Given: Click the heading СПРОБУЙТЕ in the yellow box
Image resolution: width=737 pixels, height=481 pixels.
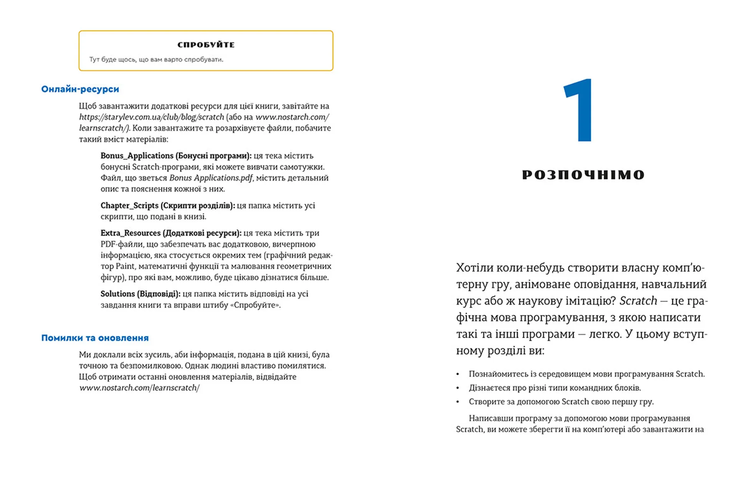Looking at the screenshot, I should [x=206, y=45].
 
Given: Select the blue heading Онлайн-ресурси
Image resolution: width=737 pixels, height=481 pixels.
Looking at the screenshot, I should [x=80, y=89].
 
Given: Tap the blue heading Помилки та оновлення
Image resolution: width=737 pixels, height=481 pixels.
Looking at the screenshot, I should [x=95, y=338].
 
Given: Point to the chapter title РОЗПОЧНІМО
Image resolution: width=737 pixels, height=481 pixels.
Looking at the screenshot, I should [x=583, y=175].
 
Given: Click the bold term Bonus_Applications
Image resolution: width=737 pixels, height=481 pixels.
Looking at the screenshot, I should [x=137, y=156].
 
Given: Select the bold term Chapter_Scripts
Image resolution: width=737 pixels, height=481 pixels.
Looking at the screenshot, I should [x=129, y=206].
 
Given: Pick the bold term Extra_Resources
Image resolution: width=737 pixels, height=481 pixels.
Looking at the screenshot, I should [x=131, y=233].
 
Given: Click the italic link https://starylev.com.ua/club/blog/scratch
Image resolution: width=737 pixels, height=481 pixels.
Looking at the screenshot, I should [x=151, y=117].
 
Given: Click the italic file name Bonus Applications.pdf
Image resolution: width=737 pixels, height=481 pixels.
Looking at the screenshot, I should [x=211, y=178].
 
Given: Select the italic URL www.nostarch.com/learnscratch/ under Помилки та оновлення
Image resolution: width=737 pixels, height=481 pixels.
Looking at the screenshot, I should [x=139, y=388].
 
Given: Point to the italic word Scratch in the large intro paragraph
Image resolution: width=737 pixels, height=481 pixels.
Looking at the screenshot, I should [x=638, y=301].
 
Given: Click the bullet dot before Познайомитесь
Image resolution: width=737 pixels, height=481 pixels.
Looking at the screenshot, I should [x=458, y=374].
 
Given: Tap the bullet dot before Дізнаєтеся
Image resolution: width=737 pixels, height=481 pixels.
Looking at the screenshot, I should [x=458, y=388].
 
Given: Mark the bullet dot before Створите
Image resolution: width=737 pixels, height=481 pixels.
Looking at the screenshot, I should [x=458, y=402].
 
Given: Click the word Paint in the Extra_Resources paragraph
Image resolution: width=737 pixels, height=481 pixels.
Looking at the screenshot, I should [x=125, y=266].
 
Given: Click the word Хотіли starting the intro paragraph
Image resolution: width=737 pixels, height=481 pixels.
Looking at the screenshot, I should [x=474, y=268].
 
